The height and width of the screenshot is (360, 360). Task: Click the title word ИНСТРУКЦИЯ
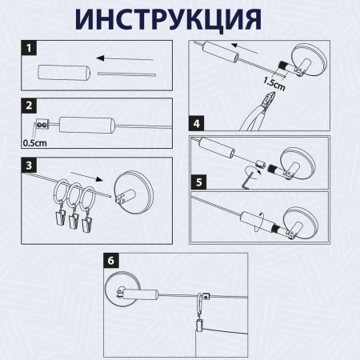point(179,18)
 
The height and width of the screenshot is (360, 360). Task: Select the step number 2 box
point(29,106)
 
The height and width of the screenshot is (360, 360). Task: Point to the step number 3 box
point(29,166)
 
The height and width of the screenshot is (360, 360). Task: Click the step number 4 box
point(196,124)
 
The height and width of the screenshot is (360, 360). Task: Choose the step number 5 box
point(196,182)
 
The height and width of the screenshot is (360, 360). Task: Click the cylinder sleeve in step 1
point(60,75)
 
